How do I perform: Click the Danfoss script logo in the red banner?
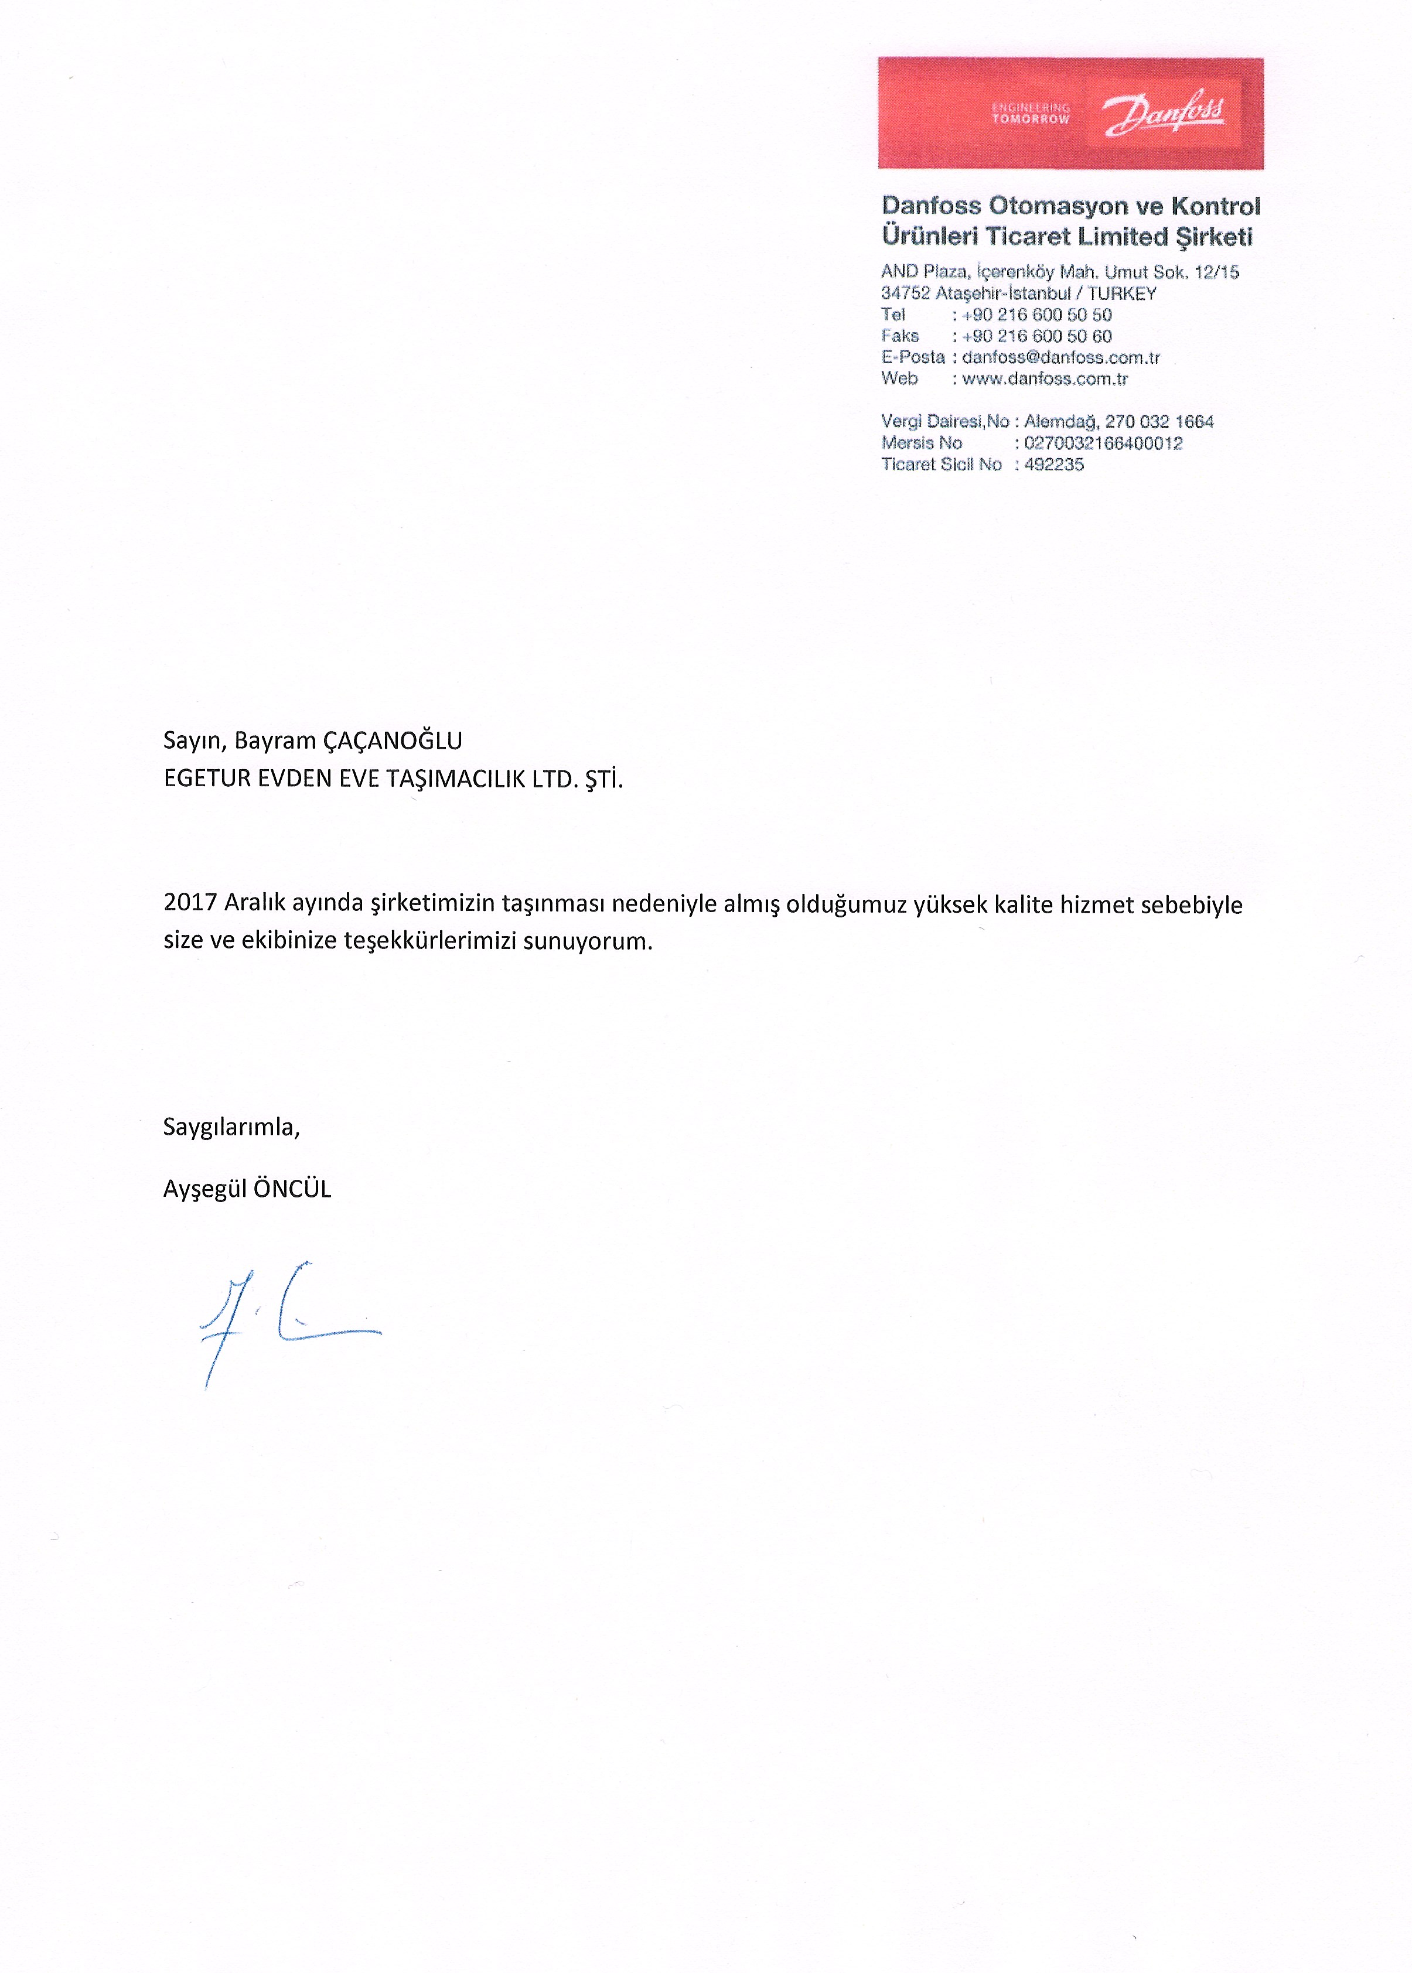(1164, 114)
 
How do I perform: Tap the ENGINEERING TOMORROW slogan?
(1031, 114)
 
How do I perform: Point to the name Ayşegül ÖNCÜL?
(247, 1189)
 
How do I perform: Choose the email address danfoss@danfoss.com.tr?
(1060, 357)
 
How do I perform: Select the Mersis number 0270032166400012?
(1103, 443)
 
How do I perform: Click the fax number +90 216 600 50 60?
(1036, 336)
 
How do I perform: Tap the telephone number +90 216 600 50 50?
(1036, 315)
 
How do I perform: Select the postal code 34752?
(905, 293)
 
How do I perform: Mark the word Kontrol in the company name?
(1216, 206)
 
